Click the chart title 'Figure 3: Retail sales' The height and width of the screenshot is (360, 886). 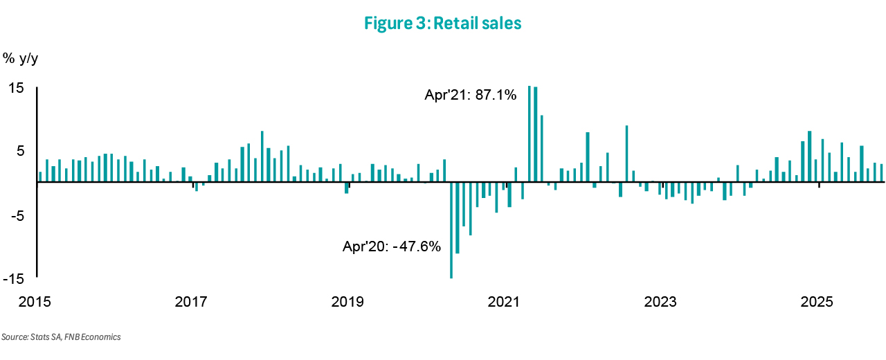(442, 24)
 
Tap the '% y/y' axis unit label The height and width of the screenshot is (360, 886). (21, 58)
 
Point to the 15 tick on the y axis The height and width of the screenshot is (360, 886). (16, 88)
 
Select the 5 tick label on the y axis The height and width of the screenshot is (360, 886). (19, 151)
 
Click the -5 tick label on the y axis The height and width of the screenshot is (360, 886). (16, 216)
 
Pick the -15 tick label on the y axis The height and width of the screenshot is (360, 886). (13, 279)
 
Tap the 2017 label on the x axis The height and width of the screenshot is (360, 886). (192, 303)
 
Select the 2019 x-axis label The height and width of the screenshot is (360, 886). (347, 303)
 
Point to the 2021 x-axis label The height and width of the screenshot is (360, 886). (504, 303)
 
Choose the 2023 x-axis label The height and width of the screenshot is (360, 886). (660, 303)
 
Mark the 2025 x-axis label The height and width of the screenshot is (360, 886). (817, 303)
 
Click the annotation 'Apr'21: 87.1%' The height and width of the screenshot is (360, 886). (471, 96)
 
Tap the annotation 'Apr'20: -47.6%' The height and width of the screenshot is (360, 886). (392, 246)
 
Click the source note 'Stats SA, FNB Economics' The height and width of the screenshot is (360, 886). (61, 337)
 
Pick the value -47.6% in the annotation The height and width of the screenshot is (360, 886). (417, 246)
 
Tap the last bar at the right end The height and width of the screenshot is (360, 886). (881, 173)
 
